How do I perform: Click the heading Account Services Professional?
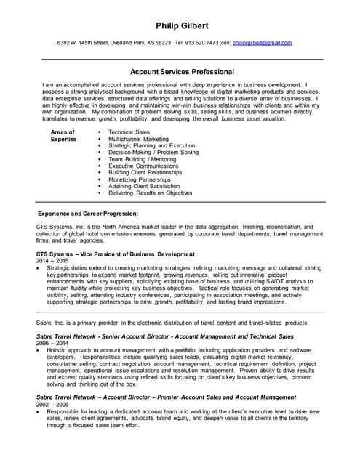coord(181,72)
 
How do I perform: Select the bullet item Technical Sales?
coord(129,132)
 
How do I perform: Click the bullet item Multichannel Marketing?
coord(137,139)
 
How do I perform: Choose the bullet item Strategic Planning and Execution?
coord(151,145)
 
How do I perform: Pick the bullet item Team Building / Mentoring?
coord(142,159)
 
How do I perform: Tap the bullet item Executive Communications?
coord(143,166)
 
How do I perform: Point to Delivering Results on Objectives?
coord(150,193)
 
